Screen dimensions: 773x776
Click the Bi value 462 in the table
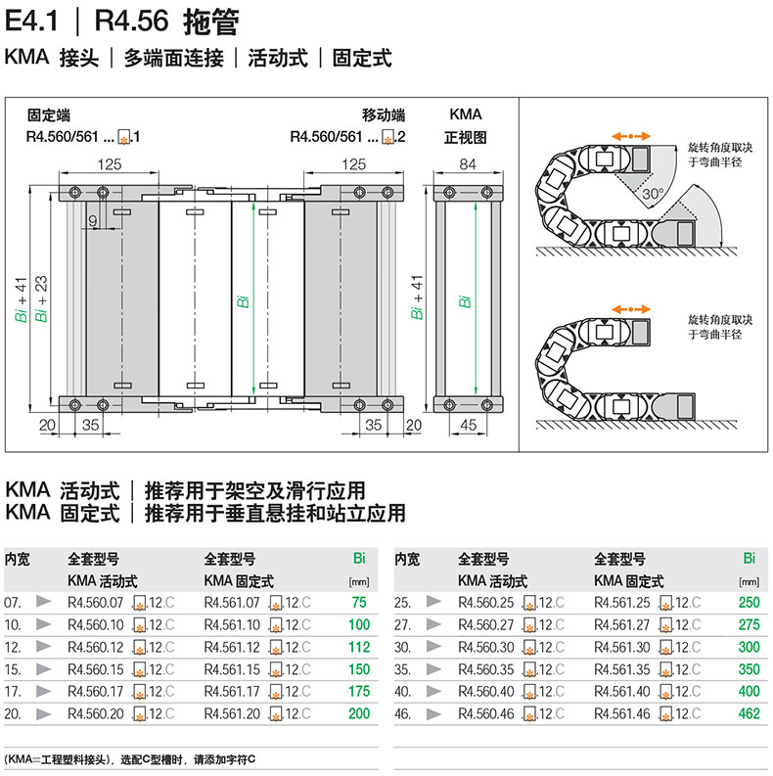749,713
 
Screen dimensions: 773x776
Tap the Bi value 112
359,647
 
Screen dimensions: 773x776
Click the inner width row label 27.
402,625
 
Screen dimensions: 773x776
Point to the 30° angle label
653,194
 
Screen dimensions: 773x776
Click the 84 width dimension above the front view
468,163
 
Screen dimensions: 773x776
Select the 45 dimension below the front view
468,425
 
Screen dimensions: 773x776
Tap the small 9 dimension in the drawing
93,220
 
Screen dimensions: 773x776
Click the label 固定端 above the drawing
49,115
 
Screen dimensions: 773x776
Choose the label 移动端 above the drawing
384,115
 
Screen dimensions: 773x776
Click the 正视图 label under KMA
465,137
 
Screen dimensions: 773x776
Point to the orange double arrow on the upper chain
630,136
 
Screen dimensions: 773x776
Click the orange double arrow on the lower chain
630,309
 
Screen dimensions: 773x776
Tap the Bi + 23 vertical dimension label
41,298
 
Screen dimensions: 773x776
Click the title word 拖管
211,23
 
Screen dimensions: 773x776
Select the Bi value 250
749,602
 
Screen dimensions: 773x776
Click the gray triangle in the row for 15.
44,669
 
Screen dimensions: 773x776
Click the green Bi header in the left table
359,558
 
